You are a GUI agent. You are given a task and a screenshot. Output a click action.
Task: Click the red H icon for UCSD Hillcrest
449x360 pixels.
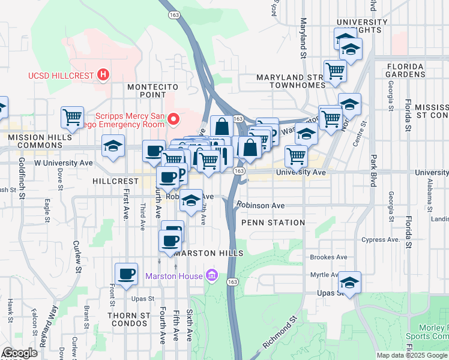coord(103,76)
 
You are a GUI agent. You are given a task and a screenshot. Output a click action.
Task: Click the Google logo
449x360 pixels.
coord(19,353)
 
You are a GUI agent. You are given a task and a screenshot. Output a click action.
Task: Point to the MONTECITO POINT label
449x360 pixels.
coord(146,91)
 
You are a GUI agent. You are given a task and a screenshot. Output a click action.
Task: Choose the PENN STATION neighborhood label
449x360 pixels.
coord(273,223)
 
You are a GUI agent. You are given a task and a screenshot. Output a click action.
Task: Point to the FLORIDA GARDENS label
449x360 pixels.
coord(414,70)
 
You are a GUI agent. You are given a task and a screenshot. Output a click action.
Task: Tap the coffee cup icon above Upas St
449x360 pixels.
coord(126,274)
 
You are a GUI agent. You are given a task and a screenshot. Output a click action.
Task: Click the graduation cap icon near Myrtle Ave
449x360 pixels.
coord(349,281)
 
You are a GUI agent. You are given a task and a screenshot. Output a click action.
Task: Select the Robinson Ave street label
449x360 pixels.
coord(261,205)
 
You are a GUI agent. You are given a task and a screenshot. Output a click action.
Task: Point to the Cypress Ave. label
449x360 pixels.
coord(381,239)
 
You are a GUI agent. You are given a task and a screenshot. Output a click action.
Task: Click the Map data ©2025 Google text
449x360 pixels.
coord(412,355)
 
